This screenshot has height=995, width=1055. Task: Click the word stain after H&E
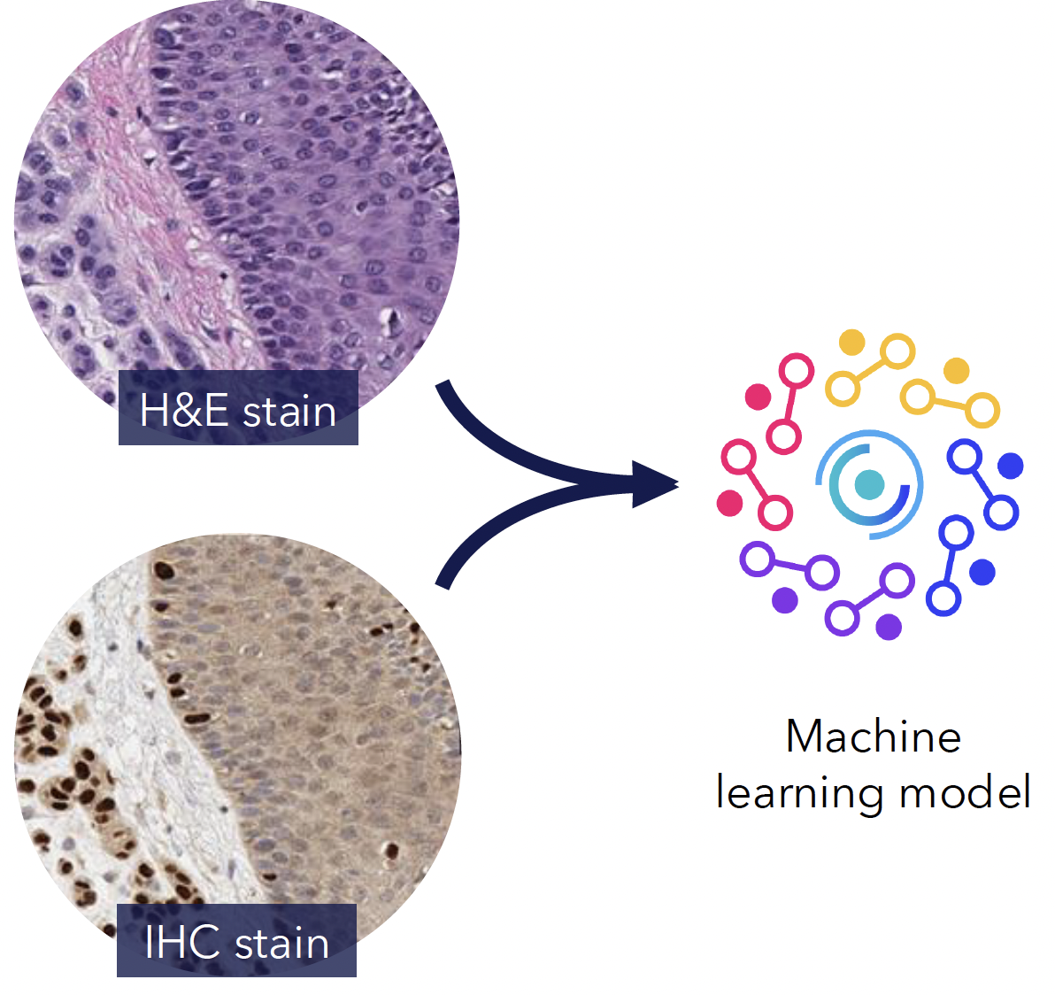[289, 412]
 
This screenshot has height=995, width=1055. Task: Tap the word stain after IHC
[281, 943]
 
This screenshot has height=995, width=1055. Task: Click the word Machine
[873, 737]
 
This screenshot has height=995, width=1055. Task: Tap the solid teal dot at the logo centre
[869, 484]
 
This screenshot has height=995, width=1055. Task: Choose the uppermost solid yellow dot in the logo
[851, 342]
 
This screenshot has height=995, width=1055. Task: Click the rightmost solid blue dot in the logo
[1010, 465]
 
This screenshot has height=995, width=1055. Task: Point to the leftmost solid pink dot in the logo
[729, 503]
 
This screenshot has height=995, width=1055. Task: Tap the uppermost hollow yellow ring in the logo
[897, 351]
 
